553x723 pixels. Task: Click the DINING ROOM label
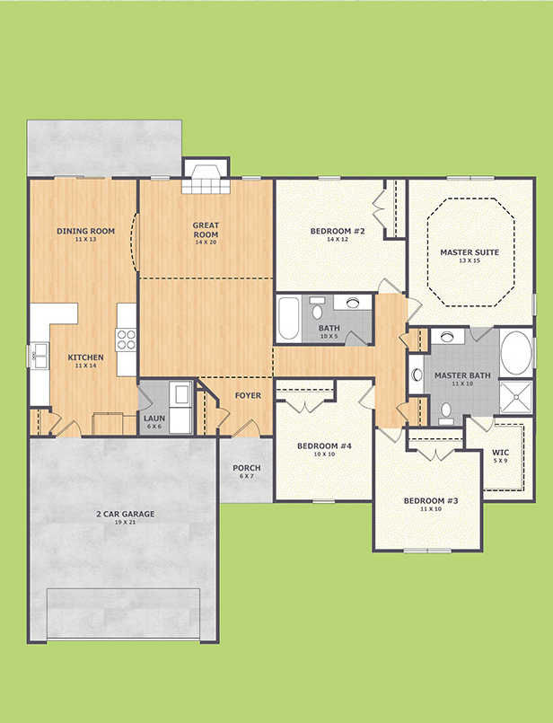point(85,231)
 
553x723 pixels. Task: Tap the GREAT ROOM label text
point(206,230)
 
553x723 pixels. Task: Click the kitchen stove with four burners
point(127,339)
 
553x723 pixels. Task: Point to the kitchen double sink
point(39,356)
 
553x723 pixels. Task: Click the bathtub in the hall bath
point(289,319)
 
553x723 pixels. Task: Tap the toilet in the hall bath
point(317,308)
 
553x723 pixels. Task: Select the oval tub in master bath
point(516,352)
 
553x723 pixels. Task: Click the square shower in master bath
point(515,397)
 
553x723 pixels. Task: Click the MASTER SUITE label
point(470,252)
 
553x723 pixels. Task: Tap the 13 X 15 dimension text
point(470,260)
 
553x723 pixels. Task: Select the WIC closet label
point(500,453)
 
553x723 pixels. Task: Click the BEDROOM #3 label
point(431,501)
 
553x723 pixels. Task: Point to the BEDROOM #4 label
point(324,445)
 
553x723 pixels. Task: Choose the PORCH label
point(247,468)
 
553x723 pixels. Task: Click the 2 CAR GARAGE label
point(126,514)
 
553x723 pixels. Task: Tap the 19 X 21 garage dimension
point(126,523)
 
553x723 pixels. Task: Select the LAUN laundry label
point(154,419)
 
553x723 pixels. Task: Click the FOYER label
point(248,395)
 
